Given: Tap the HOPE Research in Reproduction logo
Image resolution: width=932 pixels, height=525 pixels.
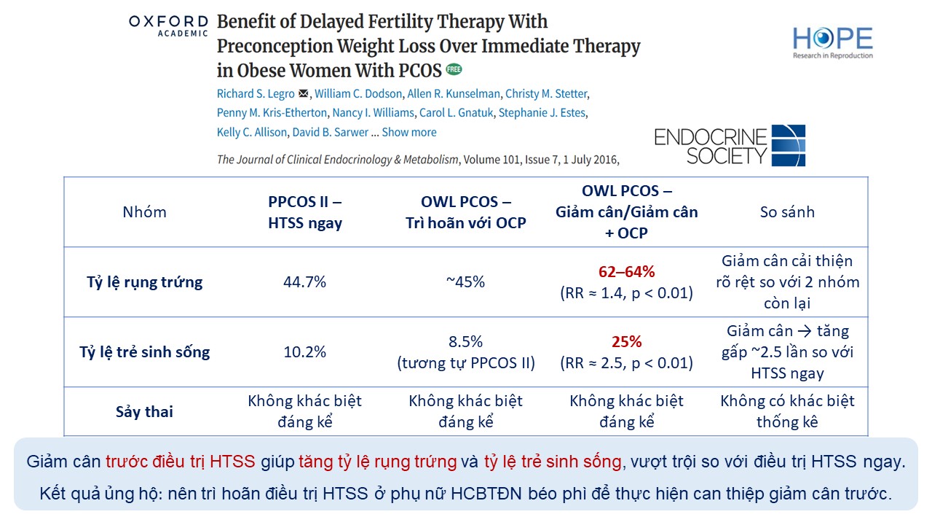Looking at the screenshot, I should tap(833, 43).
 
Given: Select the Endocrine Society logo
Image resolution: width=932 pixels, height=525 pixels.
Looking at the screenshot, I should tap(730, 146).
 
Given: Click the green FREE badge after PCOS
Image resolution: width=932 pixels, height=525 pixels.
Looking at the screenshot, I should tap(454, 70).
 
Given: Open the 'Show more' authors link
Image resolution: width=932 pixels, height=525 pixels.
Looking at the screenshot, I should tap(409, 132).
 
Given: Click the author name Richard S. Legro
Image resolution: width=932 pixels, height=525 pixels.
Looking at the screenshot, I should tap(256, 93).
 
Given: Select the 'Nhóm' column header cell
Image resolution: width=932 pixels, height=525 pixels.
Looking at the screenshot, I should tap(144, 212).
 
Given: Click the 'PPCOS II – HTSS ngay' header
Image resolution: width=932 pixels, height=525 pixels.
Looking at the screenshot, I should tap(305, 212).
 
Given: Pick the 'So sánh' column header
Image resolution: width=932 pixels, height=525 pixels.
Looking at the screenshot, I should tap(787, 212).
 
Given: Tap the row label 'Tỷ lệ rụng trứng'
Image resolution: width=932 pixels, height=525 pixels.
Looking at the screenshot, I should tap(144, 282).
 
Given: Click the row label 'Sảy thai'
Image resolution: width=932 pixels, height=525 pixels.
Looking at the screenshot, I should tap(144, 411).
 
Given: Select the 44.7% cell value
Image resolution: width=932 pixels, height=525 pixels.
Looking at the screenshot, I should tap(305, 282).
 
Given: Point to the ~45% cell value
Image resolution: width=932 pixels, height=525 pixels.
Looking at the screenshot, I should tap(466, 282).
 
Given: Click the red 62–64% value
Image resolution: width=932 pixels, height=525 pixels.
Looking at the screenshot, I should tap(626, 272).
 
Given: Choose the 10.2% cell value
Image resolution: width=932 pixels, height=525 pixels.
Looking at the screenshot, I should tap(305, 351).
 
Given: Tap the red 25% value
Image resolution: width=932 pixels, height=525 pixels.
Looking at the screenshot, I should tap(626, 342).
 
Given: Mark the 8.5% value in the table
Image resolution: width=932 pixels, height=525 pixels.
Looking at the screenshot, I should tap(466, 341).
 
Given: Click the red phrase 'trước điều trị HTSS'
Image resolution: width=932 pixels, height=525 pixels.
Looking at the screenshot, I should tap(180, 461).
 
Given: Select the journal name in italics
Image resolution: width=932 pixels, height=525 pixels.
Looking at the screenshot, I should tap(338, 159).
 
